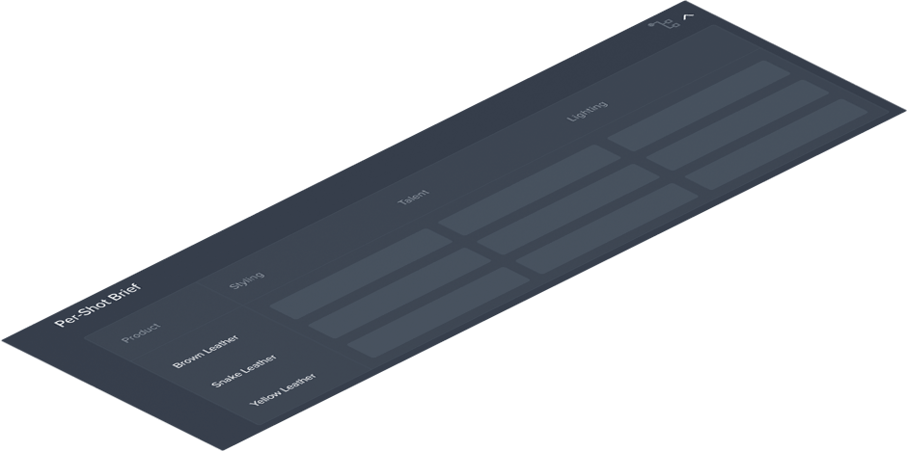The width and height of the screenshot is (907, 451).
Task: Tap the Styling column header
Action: coord(246,280)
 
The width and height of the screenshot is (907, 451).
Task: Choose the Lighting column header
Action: coord(587,111)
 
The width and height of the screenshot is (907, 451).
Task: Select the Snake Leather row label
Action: coord(243,372)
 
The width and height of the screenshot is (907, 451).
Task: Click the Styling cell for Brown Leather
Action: coord(361,274)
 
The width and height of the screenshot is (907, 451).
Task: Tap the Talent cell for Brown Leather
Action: coord(530,190)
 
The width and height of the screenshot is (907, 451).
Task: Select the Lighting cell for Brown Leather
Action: coord(699,106)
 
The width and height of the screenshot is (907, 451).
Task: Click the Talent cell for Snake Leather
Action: coord(568,209)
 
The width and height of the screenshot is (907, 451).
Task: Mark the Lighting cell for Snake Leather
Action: coord(737,125)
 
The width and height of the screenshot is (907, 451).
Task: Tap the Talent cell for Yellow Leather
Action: coord(607,227)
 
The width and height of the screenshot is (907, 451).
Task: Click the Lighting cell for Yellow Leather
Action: coord(776,144)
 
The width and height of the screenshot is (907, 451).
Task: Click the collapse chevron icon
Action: coord(689,15)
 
